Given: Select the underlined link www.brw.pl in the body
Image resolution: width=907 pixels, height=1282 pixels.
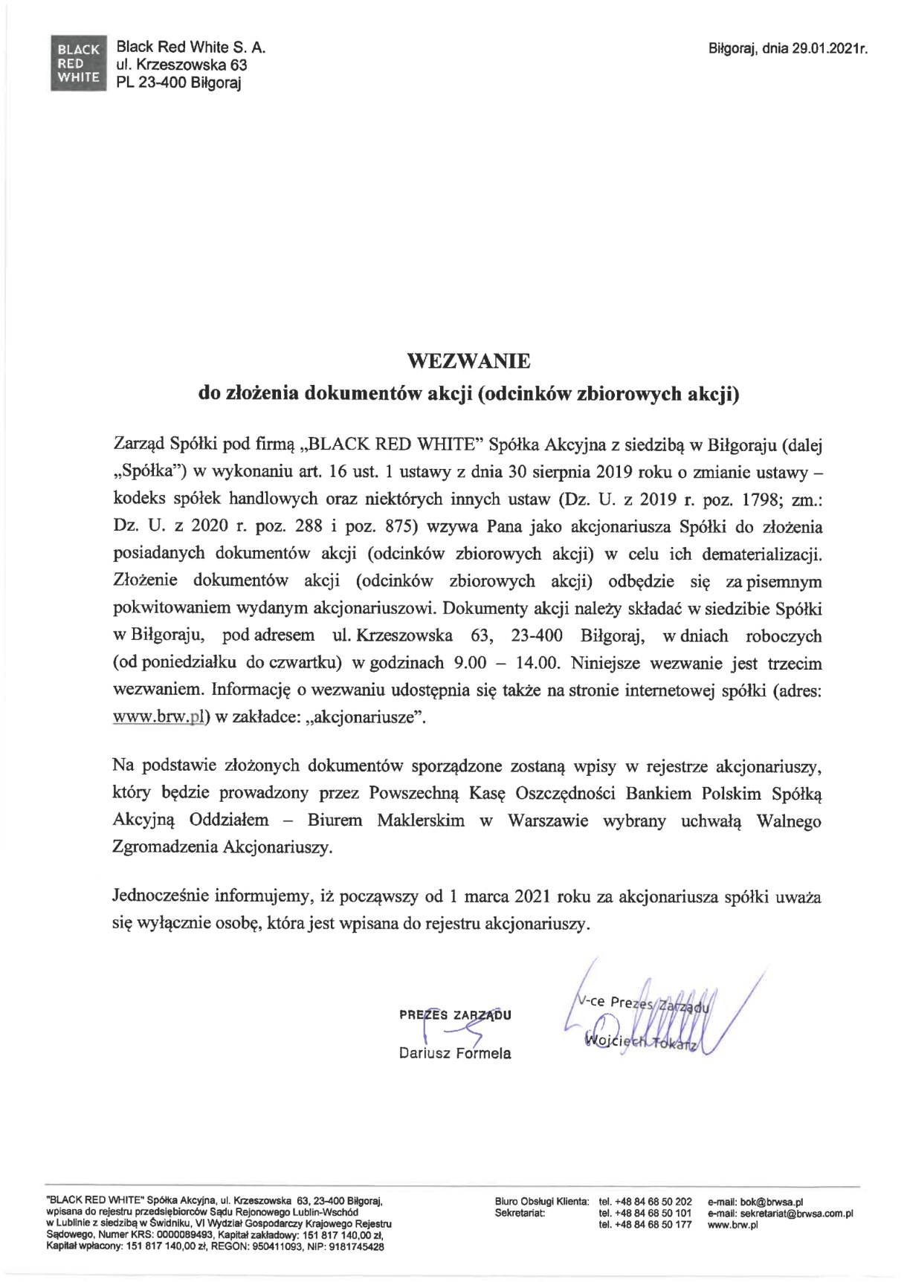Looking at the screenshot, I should point(158,717).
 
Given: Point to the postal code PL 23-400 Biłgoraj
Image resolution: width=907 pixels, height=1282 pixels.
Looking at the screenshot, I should point(179,82).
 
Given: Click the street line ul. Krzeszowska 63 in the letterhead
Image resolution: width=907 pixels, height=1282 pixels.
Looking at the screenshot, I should point(181,65).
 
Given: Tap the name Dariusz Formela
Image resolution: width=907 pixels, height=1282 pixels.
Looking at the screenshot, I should point(455,1053).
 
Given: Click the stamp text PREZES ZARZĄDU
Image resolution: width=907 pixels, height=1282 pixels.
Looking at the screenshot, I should point(455,1015).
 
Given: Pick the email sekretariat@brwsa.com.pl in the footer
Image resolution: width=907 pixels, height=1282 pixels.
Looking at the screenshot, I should point(781,1213).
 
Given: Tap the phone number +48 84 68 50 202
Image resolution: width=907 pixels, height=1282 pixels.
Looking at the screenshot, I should point(645,1202).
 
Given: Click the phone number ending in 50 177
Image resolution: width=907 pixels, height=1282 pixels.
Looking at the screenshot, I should point(645,1225).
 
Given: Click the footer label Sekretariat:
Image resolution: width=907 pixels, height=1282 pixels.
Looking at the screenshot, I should point(520,1213).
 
